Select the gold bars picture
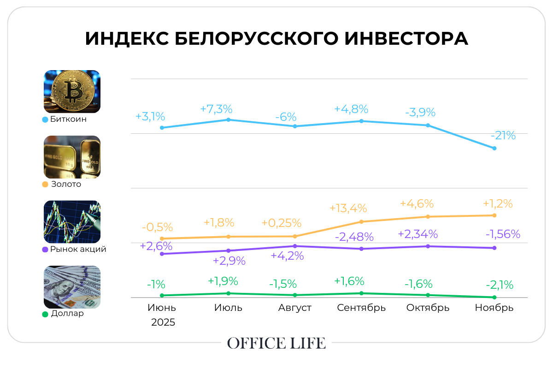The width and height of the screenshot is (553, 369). click(x=72, y=157)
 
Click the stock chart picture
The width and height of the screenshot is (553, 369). click(x=72, y=222)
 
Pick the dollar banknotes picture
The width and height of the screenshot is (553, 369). click(x=72, y=287)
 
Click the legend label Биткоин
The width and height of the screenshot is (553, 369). click(x=69, y=119)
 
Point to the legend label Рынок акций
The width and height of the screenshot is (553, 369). click(x=78, y=249)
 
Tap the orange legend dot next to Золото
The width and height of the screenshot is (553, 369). click(x=45, y=184)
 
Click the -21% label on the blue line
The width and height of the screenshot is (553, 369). click(x=503, y=136)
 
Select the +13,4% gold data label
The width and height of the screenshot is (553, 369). click(x=348, y=208)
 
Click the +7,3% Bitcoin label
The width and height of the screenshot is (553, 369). click(x=216, y=109)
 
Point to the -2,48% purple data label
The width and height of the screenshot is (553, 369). click(x=354, y=237)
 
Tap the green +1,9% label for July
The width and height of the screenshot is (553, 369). click(x=223, y=281)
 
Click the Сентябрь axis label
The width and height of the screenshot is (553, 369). click(x=361, y=308)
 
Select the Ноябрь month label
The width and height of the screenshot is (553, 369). click(x=494, y=308)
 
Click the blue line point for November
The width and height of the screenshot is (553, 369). click(x=494, y=148)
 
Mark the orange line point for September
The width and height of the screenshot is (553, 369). click(x=362, y=221)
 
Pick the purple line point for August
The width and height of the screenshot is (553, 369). click(x=295, y=246)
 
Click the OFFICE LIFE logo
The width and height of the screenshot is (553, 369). click(x=276, y=343)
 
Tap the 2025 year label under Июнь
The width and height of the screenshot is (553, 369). click(x=163, y=322)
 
